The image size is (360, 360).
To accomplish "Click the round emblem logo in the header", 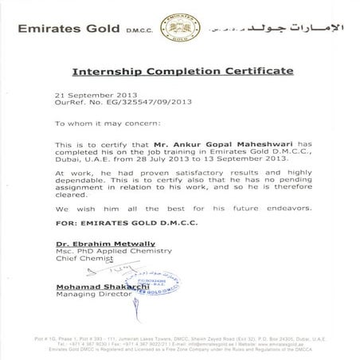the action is coord(180,25).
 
